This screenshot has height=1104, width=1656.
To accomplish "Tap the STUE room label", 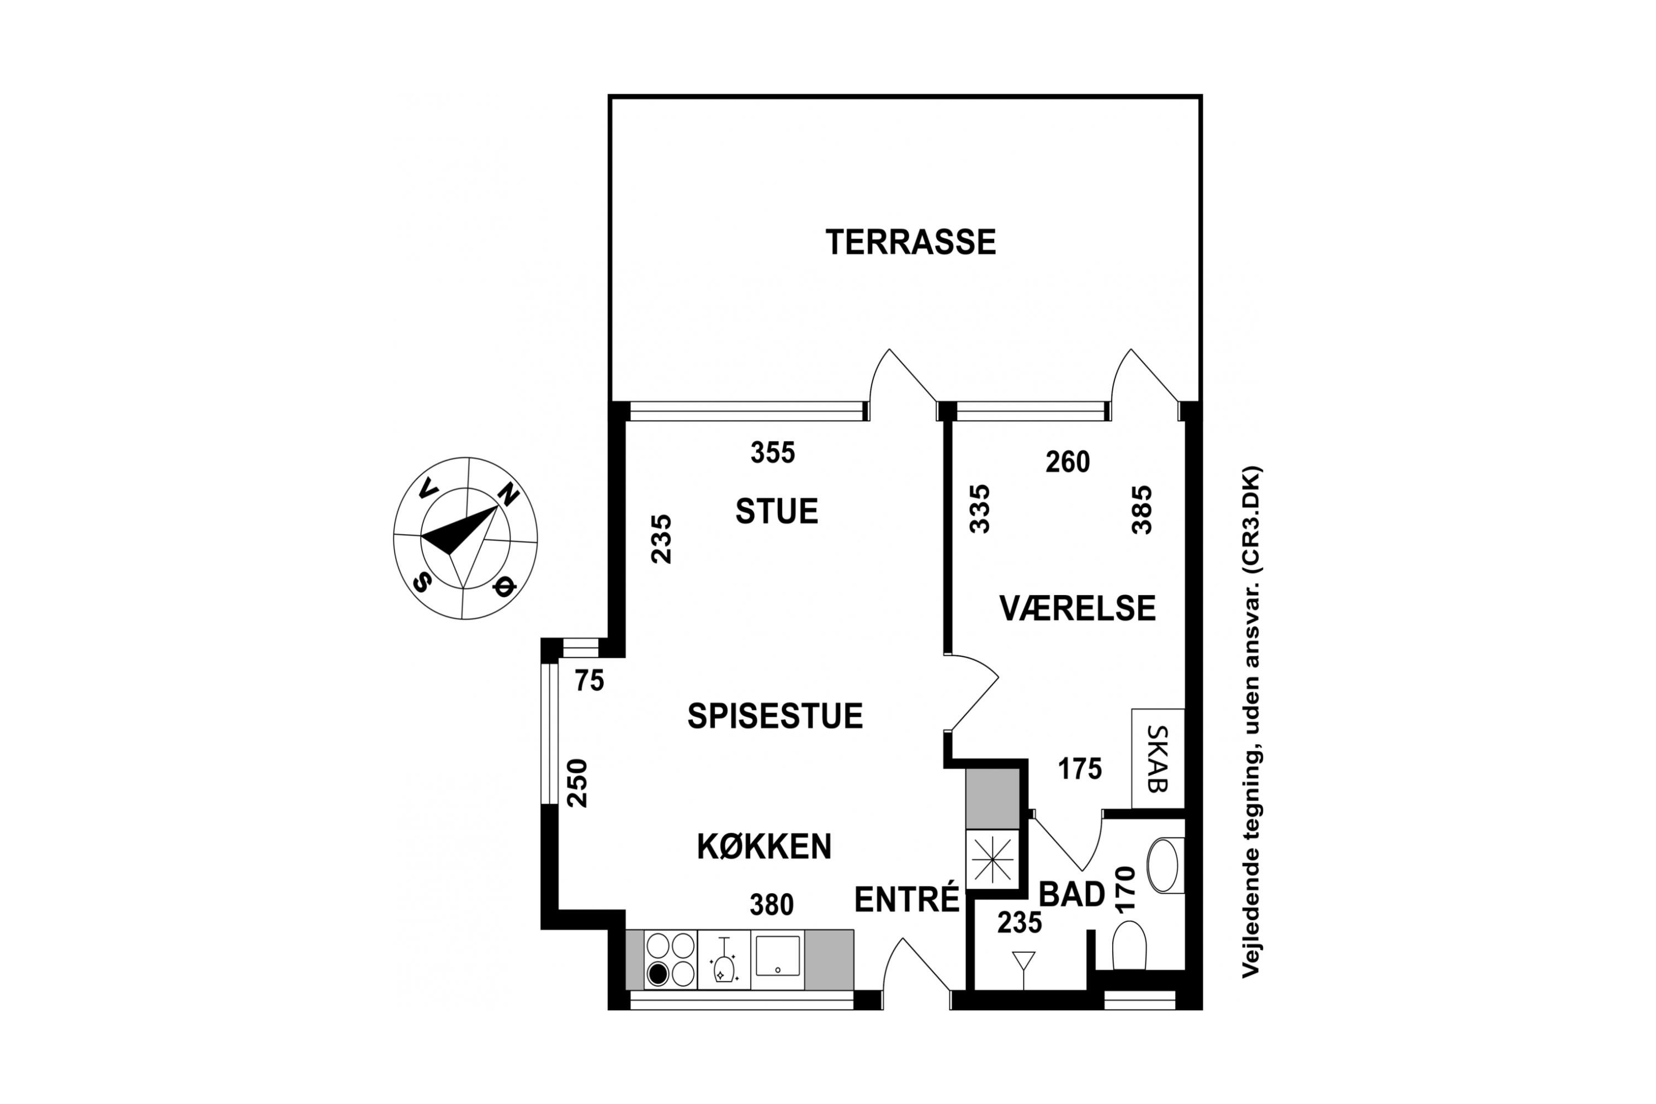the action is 777,511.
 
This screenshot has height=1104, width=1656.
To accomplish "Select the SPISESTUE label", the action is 775,716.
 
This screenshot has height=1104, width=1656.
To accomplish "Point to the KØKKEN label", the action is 764,846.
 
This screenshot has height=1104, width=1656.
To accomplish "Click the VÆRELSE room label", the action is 1078,608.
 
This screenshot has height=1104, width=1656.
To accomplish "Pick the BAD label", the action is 1071,895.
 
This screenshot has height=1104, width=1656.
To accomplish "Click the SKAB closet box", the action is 1158,758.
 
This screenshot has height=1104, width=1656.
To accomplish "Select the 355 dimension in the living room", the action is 772,453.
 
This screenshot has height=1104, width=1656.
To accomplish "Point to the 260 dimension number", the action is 1068,462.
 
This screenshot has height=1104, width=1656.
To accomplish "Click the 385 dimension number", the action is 1142,509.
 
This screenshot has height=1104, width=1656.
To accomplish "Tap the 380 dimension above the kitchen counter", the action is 772,905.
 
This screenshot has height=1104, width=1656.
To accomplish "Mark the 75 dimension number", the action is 590,681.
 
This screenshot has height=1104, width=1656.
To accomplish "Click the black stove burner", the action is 657,974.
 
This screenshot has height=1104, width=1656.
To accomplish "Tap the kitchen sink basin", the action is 777,956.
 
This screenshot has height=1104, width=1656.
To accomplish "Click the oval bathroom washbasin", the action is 1164,866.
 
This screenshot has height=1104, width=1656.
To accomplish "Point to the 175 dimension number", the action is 1080,769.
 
